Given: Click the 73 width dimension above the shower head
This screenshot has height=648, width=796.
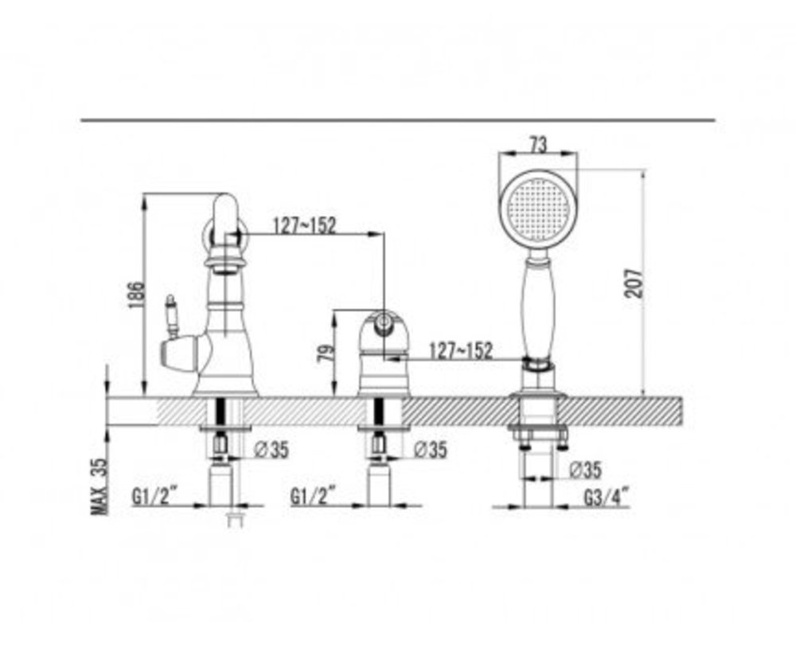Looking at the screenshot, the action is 539,146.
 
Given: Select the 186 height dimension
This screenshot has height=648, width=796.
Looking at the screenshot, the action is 136,295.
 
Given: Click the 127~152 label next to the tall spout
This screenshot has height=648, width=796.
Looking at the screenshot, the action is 305,225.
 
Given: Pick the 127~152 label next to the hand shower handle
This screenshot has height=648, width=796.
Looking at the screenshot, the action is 461,350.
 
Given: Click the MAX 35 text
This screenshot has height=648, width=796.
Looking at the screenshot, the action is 99,486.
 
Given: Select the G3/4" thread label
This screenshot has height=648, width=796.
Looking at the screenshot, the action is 606,497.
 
